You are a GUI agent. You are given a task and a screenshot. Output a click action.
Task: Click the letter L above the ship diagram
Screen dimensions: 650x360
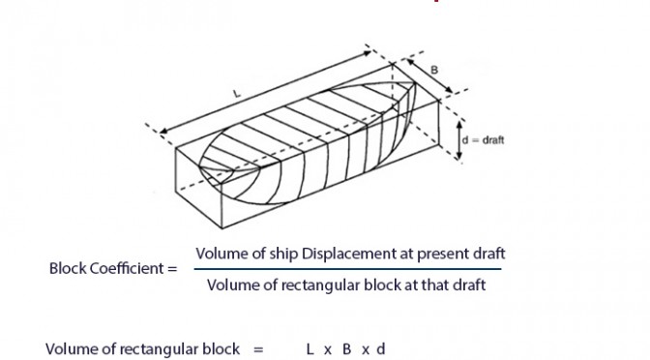pos(237,94)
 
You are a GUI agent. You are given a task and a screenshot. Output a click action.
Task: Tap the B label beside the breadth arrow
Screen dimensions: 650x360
pos(434,70)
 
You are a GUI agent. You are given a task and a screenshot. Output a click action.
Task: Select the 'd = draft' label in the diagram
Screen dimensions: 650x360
pos(483,140)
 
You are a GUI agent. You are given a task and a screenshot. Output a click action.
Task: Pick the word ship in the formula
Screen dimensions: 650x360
pos(283,254)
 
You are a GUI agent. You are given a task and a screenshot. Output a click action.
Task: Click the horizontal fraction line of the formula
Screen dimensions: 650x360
pos(347,269)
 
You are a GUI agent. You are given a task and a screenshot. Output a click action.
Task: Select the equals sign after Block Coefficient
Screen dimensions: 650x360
pos(172,269)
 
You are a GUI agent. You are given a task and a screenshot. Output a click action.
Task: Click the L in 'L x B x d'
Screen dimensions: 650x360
pos(310,349)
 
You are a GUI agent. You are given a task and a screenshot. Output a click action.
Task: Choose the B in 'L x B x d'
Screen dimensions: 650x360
pos(346,349)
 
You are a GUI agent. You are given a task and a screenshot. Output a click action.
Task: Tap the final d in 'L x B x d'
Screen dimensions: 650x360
pos(381,349)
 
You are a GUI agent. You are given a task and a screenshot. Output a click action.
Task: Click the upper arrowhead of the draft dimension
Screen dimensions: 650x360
pos(458,124)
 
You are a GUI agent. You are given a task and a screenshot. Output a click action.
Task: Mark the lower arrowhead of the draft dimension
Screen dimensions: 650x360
pos(458,157)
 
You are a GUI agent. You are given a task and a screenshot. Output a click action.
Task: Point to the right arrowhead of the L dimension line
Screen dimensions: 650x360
pos(368,52)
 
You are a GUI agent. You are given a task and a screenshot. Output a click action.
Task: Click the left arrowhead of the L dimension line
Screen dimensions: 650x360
pos(163,132)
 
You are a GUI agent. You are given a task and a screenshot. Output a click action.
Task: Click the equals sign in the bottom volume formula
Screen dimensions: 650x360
pos(258,349)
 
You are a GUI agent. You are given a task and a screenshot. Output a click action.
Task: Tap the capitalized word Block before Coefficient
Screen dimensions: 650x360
pos(68,268)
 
